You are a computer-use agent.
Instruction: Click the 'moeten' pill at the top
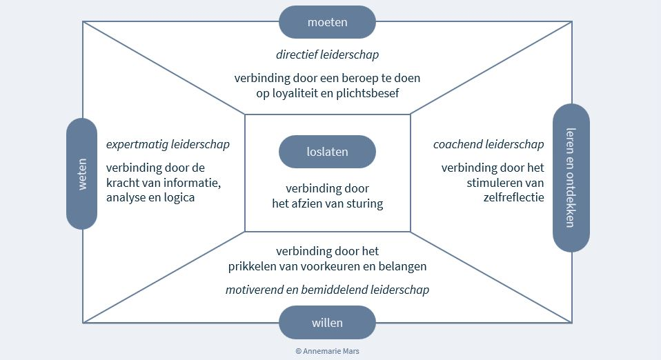pyautogui.click(x=327, y=22)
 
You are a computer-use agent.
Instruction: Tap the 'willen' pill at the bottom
pyautogui.click(x=327, y=323)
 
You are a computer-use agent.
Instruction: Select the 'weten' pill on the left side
pyautogui.click(x=82, y=173)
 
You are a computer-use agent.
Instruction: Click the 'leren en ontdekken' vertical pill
pyautogui.click(x=571, y=177)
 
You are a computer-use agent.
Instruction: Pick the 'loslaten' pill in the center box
pyautogui.click(x=327, y=152)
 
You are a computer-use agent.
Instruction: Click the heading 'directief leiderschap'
pyautogui.click(x=327, y=54)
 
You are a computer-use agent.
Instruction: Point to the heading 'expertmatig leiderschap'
pyautogui.click(x=168, y=145)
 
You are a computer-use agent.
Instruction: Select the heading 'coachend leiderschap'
pyautogui.click(x=489, y=145)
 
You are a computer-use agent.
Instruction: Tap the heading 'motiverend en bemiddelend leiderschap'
pyautogui.click(x=327, y=290)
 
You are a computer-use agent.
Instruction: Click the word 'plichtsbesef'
pyautogui.click(x=368, y=93)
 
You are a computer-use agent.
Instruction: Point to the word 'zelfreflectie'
pyautogui.click(x=513, y=197)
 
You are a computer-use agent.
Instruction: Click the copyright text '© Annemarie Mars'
pyautogui.click(x=327, y=351)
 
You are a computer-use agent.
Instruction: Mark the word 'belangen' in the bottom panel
pyautogui.click(x=404, y=266)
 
